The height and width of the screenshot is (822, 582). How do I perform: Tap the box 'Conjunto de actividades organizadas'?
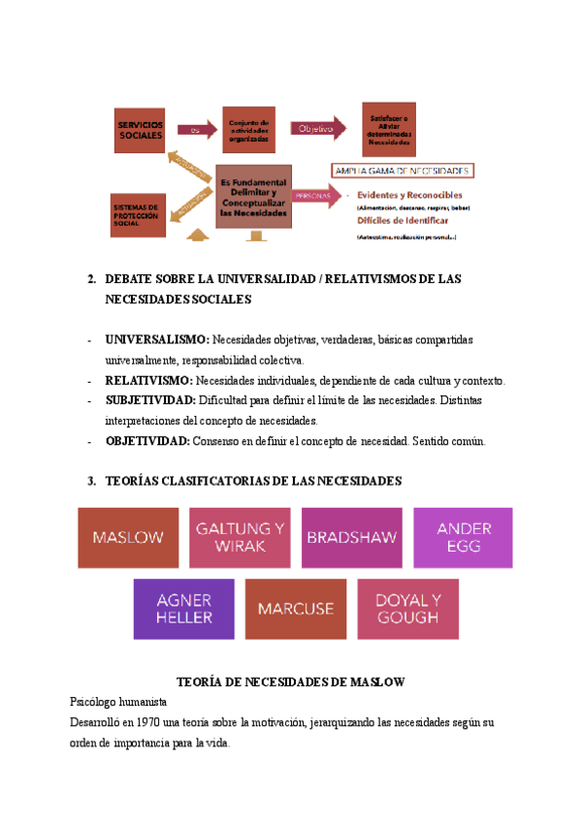(250, 130)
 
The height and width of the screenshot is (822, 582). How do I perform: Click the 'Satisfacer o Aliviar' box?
(388, 129)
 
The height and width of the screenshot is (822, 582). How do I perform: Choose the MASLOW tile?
(128, 537)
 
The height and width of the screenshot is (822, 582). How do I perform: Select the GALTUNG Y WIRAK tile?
(240, 537)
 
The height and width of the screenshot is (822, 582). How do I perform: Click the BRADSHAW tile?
(352, 537)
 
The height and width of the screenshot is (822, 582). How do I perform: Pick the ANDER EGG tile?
(464, 537)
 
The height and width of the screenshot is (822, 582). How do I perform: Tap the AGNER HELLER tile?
(184, 609)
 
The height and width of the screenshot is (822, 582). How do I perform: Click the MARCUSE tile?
(296, 609)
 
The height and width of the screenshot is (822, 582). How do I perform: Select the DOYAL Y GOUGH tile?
(407, 609)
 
